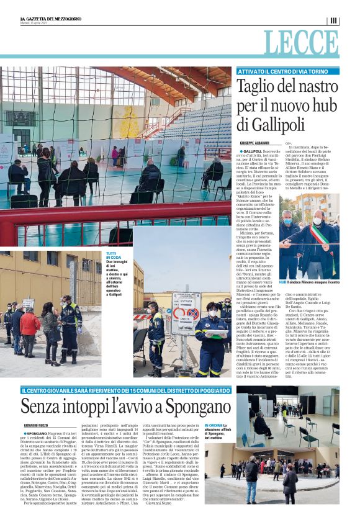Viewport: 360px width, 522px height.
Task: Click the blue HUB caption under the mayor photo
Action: tap(309, 282)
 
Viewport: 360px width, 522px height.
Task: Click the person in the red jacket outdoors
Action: tap(29, 325)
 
